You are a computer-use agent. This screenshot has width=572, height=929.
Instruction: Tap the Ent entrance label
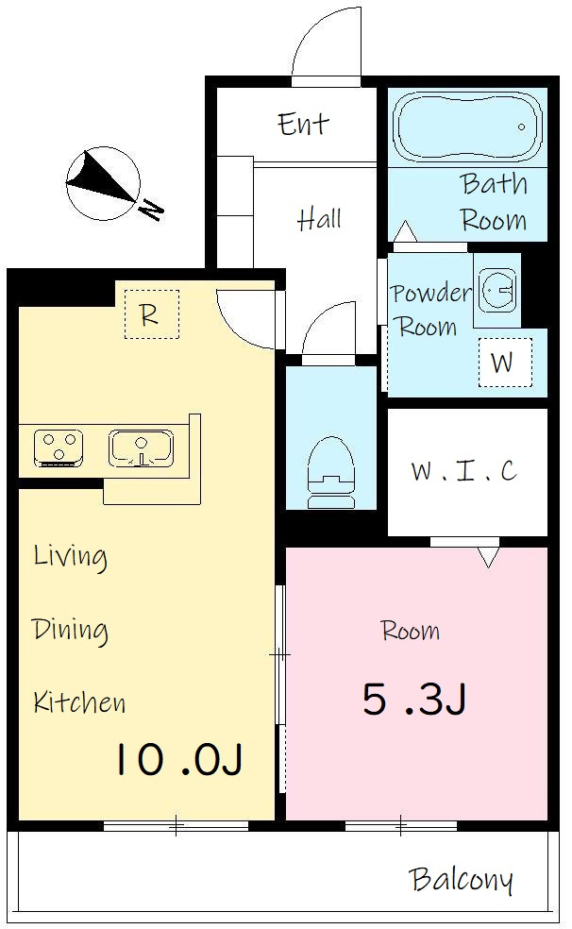[303, 124]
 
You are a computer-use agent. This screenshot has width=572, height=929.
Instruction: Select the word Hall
[319, 219]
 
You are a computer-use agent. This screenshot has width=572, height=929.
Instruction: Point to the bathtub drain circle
[522, 127]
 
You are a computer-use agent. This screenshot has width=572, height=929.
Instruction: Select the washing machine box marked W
[504, 362]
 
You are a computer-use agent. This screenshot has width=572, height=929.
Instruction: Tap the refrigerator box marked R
[152, 314]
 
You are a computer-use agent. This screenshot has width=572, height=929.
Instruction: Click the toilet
[331, 472]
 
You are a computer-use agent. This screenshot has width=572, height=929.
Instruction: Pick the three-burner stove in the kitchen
[58, 448]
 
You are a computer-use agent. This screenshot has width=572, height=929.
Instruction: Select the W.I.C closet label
[464, 471]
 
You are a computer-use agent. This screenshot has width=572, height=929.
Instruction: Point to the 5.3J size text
[414, 699]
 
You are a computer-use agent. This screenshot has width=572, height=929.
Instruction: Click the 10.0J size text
[178, 759]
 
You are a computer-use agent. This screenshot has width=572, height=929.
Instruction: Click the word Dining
[70, 631]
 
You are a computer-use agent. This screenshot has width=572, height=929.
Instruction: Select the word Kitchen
[79, 701]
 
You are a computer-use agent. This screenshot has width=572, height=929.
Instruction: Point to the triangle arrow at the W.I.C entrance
[488, 557]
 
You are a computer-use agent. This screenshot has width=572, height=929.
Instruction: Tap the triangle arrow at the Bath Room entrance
[406, 231]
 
